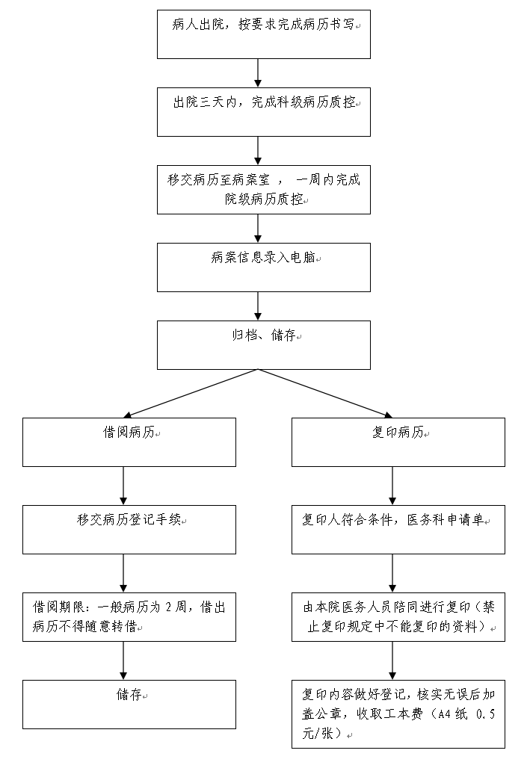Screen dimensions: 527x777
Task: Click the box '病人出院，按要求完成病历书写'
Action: (264, 34)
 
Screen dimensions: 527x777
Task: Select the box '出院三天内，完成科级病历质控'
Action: (264, 112)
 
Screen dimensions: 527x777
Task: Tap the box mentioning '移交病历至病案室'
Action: (264, 190)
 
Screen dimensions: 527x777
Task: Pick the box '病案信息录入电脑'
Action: (264, 267)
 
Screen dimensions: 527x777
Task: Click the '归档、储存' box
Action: (264, 345)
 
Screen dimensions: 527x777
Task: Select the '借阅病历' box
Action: (129, 442)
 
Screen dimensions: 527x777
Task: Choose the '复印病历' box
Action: (398, 442)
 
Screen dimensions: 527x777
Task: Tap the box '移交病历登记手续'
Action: (129, 530)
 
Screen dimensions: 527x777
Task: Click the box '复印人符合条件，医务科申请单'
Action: (398, 530)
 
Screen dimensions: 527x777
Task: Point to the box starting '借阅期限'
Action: (129, 617)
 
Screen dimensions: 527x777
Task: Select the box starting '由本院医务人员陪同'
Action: (398, 617)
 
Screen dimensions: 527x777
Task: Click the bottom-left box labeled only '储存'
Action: (129, 704)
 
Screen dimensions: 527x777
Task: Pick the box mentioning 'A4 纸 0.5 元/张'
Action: (398, 714)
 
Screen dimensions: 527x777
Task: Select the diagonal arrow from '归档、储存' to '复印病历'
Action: (325, 394)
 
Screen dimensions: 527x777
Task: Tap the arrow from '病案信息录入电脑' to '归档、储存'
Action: (258, 306)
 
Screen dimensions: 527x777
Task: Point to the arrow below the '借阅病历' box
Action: (123, 486)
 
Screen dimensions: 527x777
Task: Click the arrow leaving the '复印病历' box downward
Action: (392, 486)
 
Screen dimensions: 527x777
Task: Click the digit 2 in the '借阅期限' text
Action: (168, 607)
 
